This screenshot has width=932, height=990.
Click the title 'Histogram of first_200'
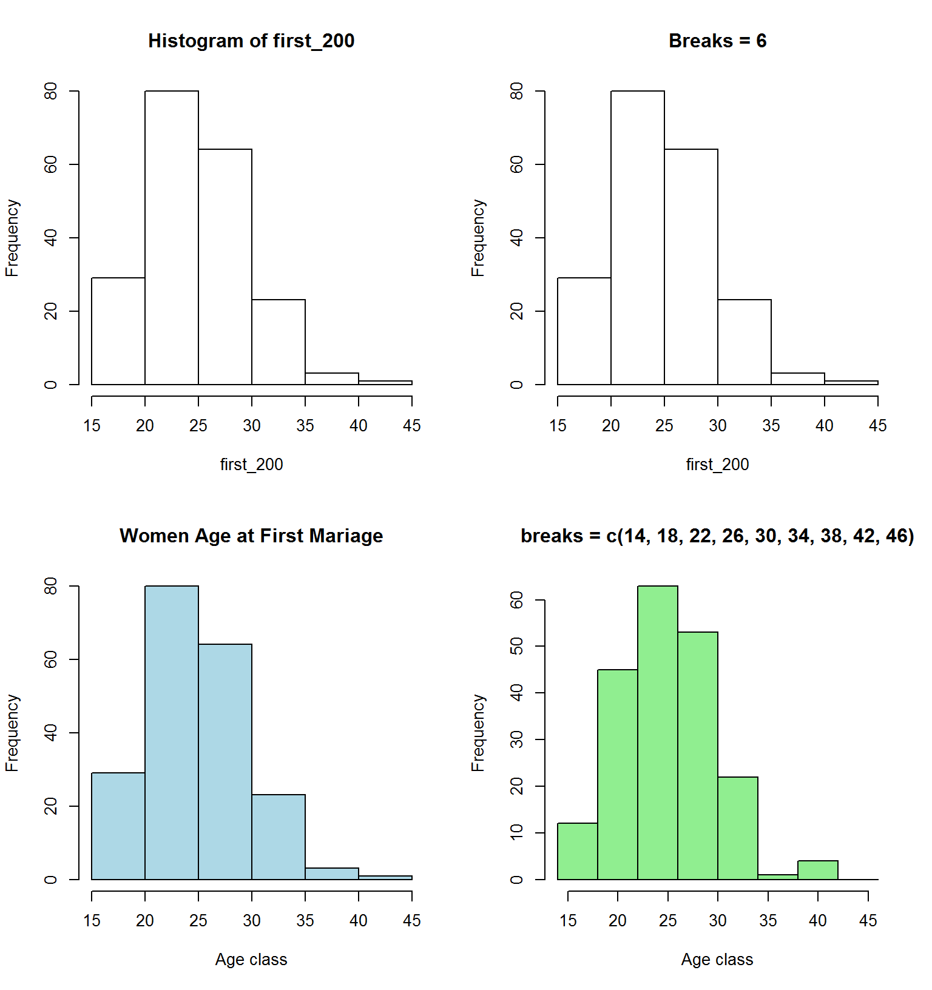coord(251,41)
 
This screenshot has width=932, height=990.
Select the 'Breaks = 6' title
coord(717,41)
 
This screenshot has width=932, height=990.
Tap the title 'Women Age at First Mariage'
coord(251,536)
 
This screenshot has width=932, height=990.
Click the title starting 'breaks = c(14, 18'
coord(717,536)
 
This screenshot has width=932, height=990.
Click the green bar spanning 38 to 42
coord(818,870)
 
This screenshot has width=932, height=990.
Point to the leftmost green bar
coord(578,851)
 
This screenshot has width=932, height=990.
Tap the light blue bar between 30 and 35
coord(279,837)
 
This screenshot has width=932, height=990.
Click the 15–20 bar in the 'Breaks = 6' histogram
coord(584,331)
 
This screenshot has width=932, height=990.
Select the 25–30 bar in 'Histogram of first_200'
coord(225,266)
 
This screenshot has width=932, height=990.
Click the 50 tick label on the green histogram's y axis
coord(517,647)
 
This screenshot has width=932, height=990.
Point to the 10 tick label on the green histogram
coord(517,832)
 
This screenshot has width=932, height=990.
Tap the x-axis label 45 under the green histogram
coord(868,920)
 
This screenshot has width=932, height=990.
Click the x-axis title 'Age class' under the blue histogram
coord(251,959)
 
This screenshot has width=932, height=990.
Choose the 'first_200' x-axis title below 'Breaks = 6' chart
coord(717,464)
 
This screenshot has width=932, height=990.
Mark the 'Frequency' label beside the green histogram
coord(478,733)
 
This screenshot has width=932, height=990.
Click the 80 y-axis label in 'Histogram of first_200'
coord(51,91)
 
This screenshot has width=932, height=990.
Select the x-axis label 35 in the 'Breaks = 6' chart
coord(771,425)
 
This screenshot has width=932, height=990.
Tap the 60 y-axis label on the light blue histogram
coord(51,659)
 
